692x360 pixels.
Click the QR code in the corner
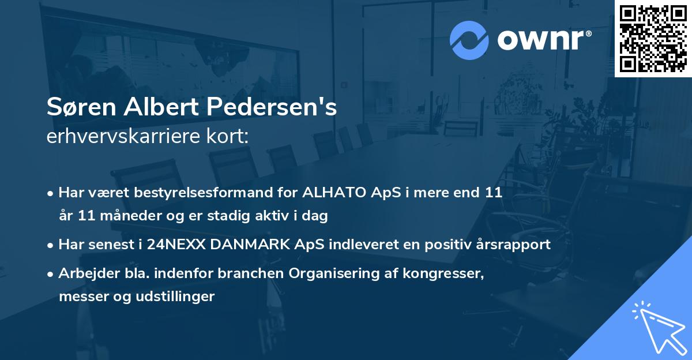(x=653, y=39)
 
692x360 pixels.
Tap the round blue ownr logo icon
(x=469, y=40)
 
